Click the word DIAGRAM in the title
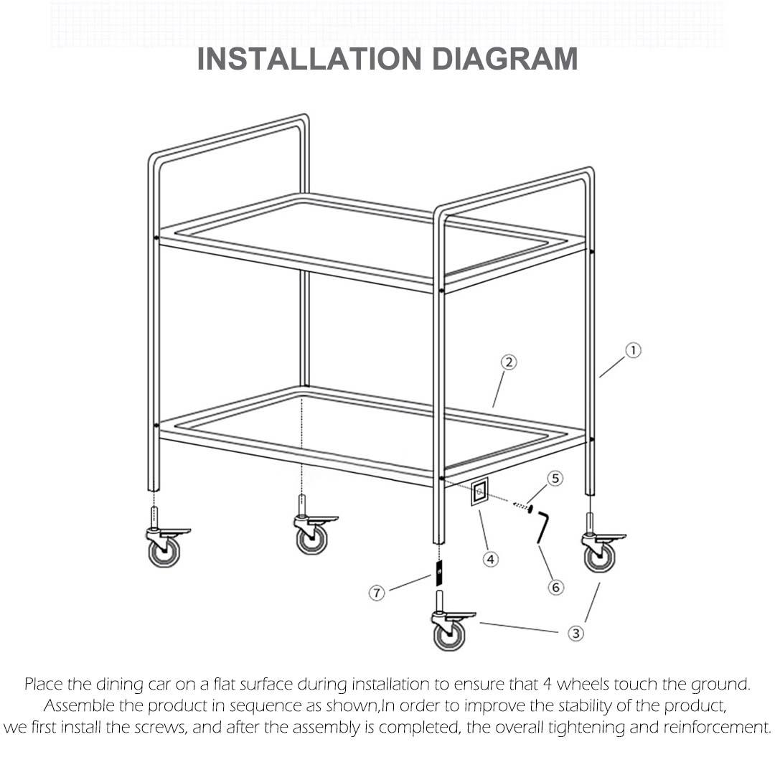[x=504, y=59]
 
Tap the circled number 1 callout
[x=633, y=350]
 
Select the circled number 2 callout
[x=508, y=362]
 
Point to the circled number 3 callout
[x=576, y=633]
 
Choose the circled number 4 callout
[x=490, y=560]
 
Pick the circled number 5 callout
[x=555, y=478]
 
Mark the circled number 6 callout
[x=555, y=587]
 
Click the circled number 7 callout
[x=377, y=593]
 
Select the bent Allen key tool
[x=541, y=527]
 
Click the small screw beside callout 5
[x=522, y=507]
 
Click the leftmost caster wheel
[x=164, y=551]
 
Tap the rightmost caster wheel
[x=598, y=556]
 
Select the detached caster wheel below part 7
[x=449, y=634]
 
